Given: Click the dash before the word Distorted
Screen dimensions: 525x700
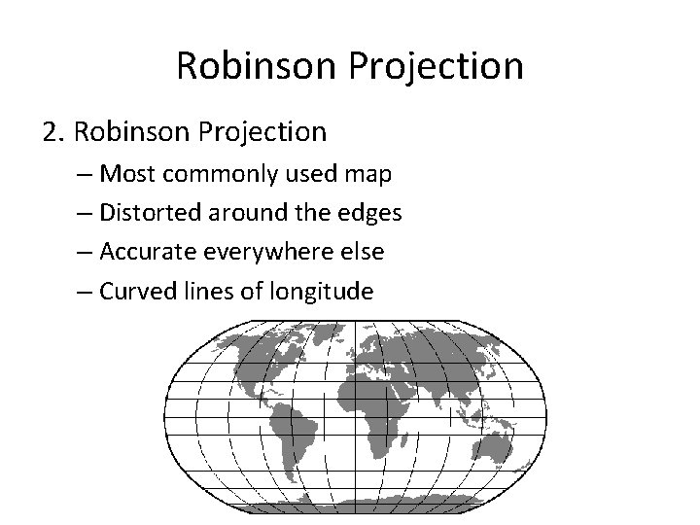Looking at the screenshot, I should pos(85,213).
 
